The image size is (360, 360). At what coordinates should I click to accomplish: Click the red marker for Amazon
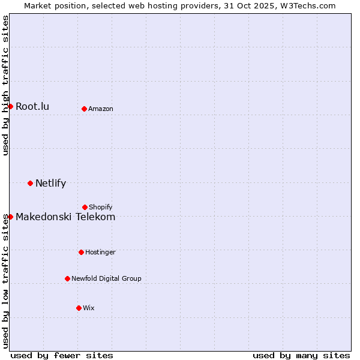click(84, 109)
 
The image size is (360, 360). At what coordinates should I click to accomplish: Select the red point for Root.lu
click(10, 106)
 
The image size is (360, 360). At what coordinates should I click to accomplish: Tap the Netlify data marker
click(30, 183)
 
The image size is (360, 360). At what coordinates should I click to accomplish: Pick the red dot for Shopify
click(85, 207)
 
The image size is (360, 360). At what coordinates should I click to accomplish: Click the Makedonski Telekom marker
click(10, 217)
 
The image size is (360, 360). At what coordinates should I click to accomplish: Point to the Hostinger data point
click(81, 252)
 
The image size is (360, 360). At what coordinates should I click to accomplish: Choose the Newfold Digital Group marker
click(67, 278)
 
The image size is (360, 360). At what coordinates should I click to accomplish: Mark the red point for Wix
click(79, 308)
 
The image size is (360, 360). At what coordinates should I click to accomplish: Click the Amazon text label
click(101, 109)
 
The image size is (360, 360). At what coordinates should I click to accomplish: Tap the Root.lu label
click(32, 106)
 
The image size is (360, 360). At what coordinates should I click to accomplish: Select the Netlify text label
click(50, 183)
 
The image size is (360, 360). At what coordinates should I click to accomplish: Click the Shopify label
click(101, 207)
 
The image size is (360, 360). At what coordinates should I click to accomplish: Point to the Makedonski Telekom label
click(65, 217)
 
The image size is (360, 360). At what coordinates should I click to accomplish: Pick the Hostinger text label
click(100, 252)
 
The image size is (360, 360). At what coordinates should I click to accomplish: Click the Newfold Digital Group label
click(106, 278)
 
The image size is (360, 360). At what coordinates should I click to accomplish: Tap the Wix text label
click(89, 308)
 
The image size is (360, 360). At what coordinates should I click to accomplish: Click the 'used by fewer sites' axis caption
click(62, 355)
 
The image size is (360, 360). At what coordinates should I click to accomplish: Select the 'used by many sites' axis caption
click(301, 355)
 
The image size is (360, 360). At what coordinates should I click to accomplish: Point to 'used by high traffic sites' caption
click(5, 85)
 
